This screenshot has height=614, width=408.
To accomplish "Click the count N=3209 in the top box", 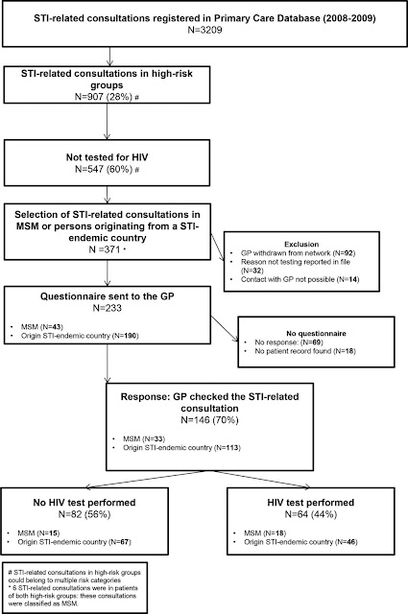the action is coord(204,30).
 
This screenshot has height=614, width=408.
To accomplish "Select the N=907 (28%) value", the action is coord(104,96).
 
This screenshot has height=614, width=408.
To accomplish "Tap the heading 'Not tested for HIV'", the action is coord(107,157).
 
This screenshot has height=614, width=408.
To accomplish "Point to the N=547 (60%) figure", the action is coord(104,169).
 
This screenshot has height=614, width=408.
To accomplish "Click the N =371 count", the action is coord(105,249).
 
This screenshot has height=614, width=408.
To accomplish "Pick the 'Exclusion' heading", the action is coord(301,244).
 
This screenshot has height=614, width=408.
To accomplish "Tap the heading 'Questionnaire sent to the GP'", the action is coord(107,296).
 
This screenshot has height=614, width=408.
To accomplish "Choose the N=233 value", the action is coord(107,308).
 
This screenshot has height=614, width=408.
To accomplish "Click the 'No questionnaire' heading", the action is coord(316,334).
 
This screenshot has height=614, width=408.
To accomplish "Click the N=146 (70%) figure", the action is coord(209,420).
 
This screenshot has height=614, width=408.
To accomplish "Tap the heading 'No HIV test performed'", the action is coord(84,503).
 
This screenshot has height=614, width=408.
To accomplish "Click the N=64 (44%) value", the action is coord(311,514).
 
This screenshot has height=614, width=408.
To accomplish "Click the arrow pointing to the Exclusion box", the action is coord(218,248).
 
